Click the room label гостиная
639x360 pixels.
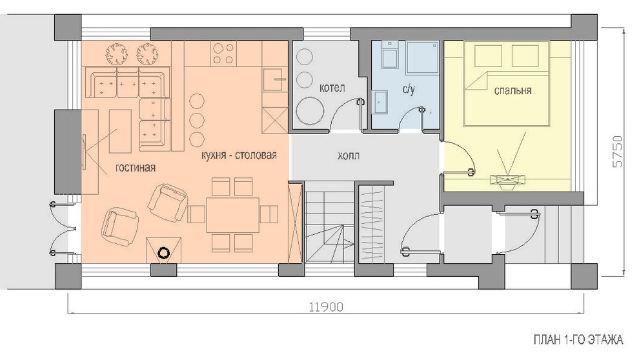pos(136,167)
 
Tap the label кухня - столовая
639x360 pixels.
pos(239,155)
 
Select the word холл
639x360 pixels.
pos(349,155)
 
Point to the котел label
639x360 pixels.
pos(332,88)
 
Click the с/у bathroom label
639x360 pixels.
pos(409,89)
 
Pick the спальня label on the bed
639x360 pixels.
pos(512,90)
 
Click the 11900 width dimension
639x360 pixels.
pos(325,306)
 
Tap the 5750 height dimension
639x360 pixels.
pos(618,152)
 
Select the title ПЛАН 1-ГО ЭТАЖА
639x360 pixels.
pos(578,339)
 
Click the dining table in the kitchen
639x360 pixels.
pos(233,215)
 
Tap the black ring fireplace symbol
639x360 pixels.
pos(165,253)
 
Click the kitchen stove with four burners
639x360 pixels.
pos(224,54)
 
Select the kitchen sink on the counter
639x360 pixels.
pos(275,80)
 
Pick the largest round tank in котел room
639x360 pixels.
pos(310,110)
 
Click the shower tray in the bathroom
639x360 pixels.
pos(422,57)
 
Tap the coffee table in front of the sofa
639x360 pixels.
pos(120,131)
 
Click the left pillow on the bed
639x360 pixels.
pos(488,55)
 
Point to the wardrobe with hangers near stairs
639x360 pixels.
pos(372,224)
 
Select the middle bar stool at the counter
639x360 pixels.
pos(198,120)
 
